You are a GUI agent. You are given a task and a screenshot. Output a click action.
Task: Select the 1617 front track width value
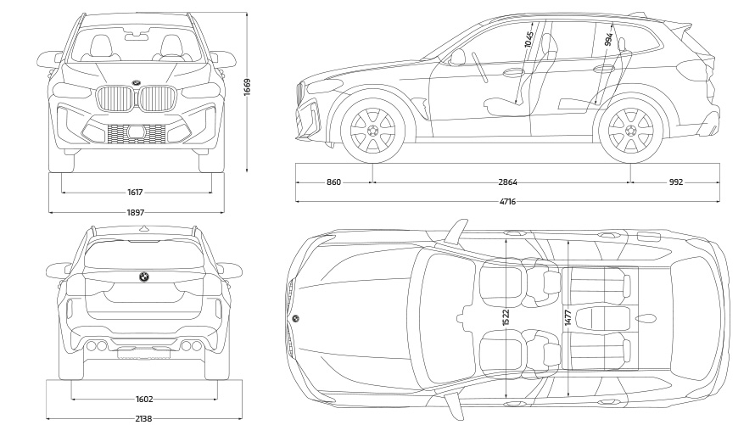[136, 193]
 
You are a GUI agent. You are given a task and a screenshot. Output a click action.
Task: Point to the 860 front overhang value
[333, 182]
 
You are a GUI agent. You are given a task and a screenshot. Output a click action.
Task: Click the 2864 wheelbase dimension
[507, 182]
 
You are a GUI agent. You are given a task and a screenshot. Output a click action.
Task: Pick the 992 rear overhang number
[675, 182]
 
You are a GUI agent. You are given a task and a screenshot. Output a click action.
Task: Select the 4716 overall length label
[507, 202]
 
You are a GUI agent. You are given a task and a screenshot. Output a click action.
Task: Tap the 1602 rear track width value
[144, 399]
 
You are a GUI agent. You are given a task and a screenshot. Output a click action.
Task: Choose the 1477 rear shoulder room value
[568, 316]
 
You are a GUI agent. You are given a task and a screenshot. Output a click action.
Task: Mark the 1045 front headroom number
[528, 39]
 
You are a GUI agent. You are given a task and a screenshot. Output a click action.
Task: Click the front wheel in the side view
[372, 131]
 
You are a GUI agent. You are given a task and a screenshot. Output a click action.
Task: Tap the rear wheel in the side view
[630, 131]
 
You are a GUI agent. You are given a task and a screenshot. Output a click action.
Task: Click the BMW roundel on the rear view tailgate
[144, 277]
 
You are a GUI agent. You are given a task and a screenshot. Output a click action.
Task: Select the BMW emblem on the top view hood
[295, 318]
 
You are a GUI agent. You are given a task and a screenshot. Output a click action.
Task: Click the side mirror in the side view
[458, 57]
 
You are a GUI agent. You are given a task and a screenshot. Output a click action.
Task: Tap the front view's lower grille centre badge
[136, 131]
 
